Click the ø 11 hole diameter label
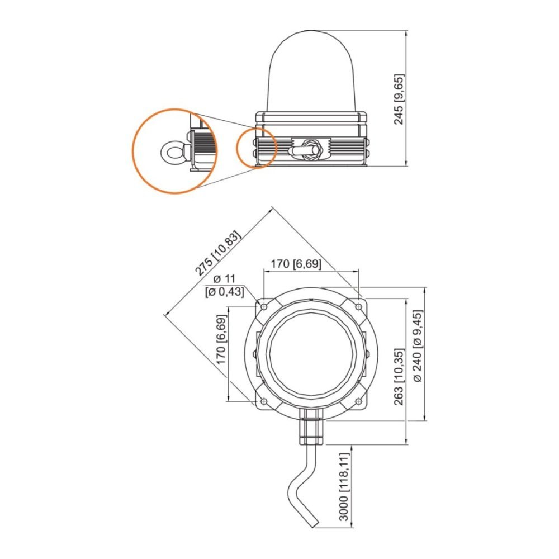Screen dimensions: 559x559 click(x=225, y=279)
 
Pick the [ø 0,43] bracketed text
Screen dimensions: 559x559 click(x=225, y=292)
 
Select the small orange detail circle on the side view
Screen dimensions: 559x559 click(x=257, y=148)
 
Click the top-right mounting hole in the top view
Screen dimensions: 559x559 click(x=359, y=306)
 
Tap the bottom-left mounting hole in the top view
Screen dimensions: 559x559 click(x=264, y=401)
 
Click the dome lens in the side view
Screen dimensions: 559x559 click(x=311, y=72)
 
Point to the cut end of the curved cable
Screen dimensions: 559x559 click(x=312, y=524)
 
